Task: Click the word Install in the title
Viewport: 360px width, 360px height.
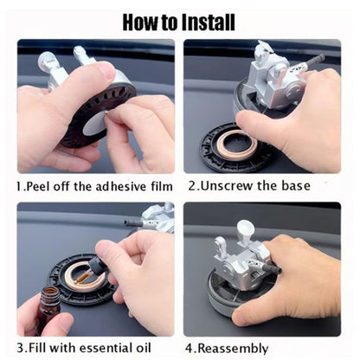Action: point(209,22)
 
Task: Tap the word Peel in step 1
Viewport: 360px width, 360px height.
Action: point(37,186)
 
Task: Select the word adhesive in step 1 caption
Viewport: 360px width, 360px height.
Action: point(121,186)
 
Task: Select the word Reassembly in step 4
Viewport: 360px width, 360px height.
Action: point(233,349)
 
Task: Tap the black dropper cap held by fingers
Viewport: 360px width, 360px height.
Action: point(97,266)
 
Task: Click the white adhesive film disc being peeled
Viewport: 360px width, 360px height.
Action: point(94,124)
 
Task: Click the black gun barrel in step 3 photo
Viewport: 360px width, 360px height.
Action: point(133,223)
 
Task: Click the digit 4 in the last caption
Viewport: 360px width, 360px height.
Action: point(189,348)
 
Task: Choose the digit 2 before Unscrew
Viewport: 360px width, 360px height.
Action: point(192,186)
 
